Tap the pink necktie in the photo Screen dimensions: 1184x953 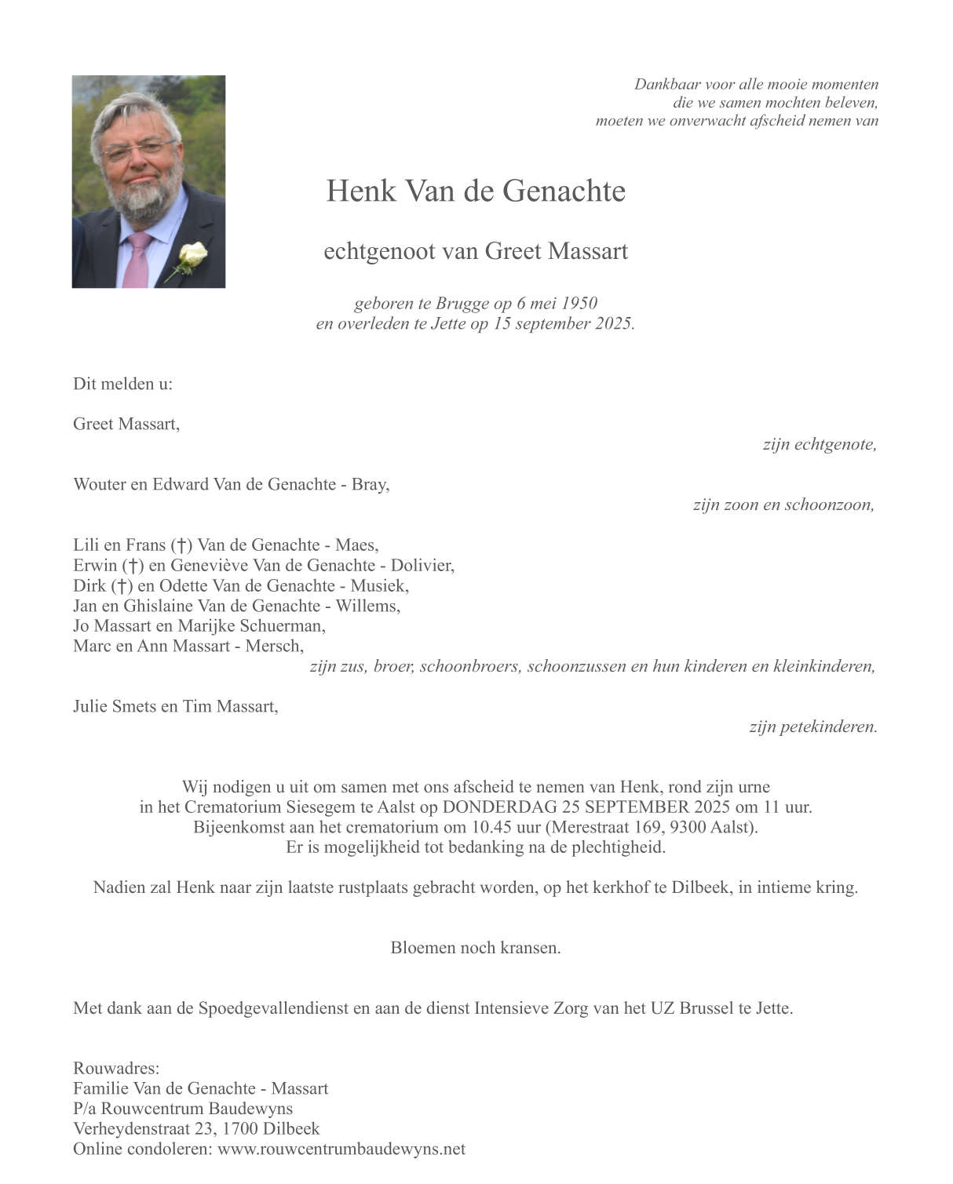click(138, 260)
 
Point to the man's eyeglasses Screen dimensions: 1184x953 click(141, 149)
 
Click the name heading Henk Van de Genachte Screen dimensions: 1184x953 click(476, 191)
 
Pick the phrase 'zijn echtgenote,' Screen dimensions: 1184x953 click(820, 445)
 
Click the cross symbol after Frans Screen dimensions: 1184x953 click(181, 545)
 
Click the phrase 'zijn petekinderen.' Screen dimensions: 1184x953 click(812, 727)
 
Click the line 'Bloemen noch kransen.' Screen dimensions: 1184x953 click(476, 948)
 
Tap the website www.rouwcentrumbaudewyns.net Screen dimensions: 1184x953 click(341, 1149)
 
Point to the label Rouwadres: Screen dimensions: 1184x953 click(116, 1068)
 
